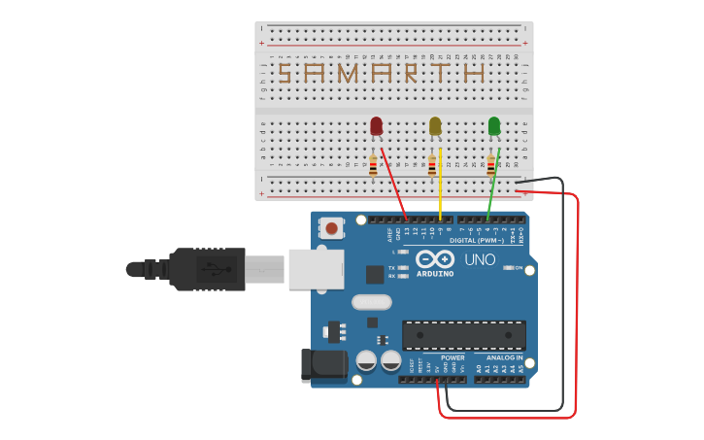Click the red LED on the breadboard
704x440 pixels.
[377, 126]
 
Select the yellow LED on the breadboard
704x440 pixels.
[435, 126]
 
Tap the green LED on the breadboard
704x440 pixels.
[494, 126]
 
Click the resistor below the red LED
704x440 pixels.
[373, 166]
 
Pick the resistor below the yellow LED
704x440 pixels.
[432, 166]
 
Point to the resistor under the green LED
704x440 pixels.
[491, 166]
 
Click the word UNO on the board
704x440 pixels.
[480, 259]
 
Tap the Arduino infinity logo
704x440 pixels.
[435, 258]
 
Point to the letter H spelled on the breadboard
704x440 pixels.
[474, 73]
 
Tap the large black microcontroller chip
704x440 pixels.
[464, 335]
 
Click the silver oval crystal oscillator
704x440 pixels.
[371, 302]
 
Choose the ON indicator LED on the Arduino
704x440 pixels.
[508, 268]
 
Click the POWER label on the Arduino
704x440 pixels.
[453, 357]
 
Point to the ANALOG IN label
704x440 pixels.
[504, 357]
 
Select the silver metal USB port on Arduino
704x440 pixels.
[316, 268]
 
